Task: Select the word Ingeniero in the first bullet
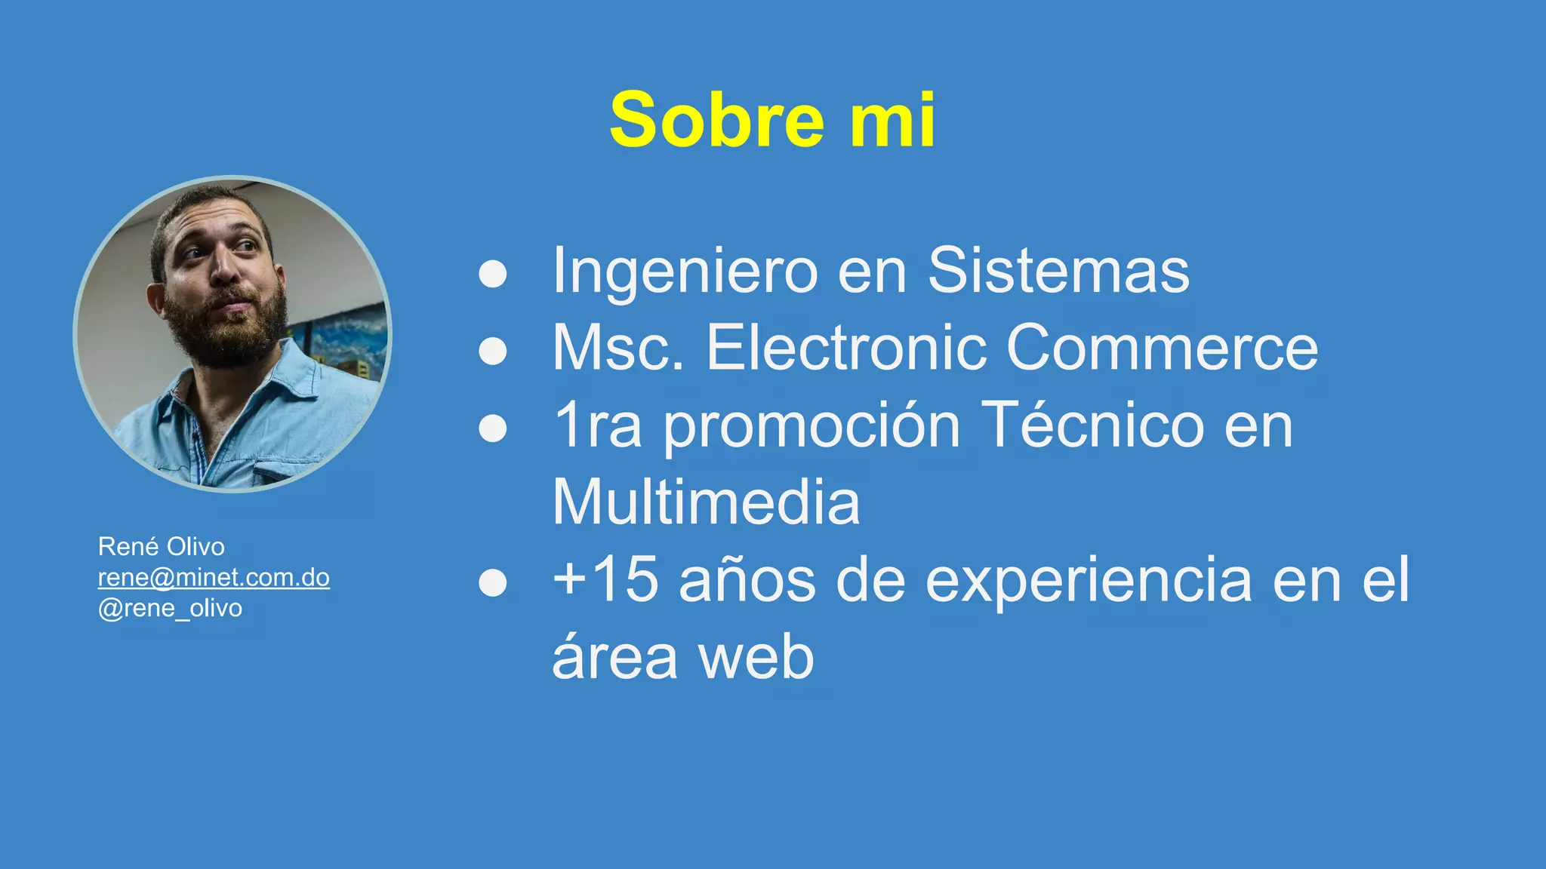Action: tap(685, 272)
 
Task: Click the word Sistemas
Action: tap(1058, 272)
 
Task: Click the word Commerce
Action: tap(1163, 349)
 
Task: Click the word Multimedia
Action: tap(706, 503)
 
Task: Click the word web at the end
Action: tap(756, 658)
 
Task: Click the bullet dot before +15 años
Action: tap(493, 582)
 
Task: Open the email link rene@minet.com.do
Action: tap(214, 578)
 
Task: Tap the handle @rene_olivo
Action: tap(170, 609)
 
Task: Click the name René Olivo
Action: tap(161, 547)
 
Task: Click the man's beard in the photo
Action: tap(226, 332)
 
